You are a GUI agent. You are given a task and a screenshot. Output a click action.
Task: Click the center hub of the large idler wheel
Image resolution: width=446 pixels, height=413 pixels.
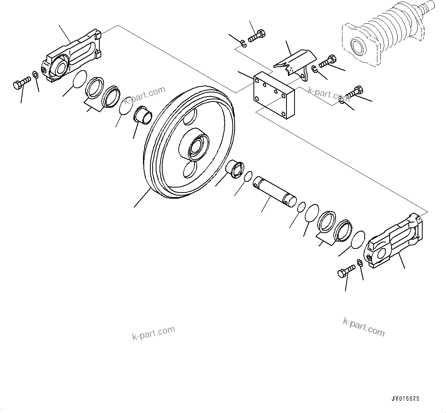pyautogui.click(x=197, y=147)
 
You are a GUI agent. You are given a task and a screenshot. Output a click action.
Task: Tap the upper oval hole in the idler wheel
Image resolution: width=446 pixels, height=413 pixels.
pyautogui.click(x=191, y=117)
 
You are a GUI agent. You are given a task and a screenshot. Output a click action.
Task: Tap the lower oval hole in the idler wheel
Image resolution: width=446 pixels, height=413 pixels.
pyautogui.click(x=189, y=169)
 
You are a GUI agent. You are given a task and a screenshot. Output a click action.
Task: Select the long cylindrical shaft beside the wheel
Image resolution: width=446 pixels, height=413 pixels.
pyautogui.click(x=274, y=190)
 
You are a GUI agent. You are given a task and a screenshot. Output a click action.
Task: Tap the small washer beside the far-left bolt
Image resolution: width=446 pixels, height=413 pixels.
pyautogui.click(x=35, y=74)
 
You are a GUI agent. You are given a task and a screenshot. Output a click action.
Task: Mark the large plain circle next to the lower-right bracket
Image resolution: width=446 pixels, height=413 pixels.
pyautogui.click(x=357, y=240)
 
